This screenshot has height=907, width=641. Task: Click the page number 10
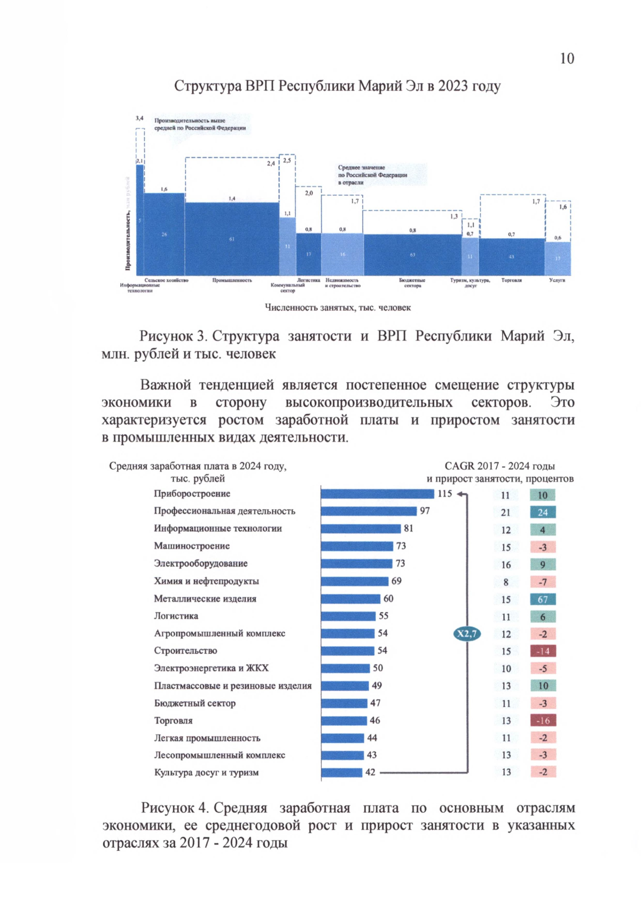pos(567,58)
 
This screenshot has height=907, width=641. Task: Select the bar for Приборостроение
pos(377,494)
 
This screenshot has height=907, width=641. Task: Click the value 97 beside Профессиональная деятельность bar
pos(425,511)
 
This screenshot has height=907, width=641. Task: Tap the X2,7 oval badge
pos(467,634)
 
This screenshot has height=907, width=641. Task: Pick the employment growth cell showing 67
pos(543,600)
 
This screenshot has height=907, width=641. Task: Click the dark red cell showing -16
pos(543,720)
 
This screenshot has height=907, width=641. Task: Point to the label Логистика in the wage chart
pos(176,616)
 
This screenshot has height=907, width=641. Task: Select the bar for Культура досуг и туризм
pos(342,772)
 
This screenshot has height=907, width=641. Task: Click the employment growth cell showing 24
pos(543,513)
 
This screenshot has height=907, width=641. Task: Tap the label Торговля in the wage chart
pos(173,720)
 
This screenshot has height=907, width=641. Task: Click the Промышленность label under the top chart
pos(232,280)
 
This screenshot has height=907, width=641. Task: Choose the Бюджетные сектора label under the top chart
pos(412,283)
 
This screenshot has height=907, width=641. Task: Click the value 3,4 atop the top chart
pos(139,118)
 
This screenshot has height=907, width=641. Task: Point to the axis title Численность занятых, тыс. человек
pos(338,308)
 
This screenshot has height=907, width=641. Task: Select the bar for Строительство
pos(347,650)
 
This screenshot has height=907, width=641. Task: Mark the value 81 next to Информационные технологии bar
pos(409,529)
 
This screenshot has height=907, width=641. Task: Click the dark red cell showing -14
pos(543,652)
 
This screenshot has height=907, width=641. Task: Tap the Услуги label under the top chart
pos(557,280)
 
